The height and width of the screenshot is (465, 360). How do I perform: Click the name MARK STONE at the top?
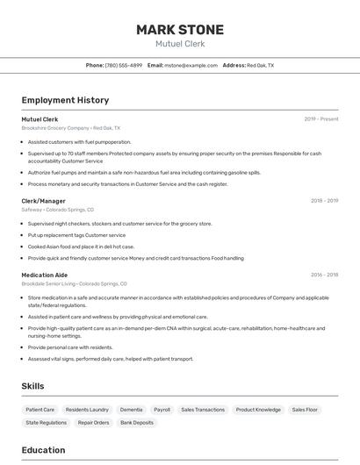tap(179, 30)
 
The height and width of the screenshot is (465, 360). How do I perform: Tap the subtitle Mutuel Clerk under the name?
tap(179, 44)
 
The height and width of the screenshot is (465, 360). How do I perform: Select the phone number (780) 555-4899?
tap(124, 65)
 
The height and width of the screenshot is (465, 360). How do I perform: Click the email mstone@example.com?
tap(191, 65)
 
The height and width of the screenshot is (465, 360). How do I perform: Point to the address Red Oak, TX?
tap(260, 65)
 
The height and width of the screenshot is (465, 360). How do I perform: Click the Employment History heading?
tap(65, 100)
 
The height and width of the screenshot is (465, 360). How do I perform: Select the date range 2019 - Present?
tap(321, 119)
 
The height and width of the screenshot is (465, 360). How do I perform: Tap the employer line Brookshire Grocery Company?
tap(71, 128)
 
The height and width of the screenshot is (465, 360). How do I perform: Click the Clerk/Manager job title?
tap(44, 201)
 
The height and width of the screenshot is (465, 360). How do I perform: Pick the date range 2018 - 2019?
tap(324, 201)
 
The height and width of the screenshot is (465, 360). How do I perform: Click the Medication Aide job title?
tap(44, 275)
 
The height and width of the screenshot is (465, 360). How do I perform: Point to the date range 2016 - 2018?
tap(324, 275)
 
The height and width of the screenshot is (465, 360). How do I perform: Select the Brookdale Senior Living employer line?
tap(75, 283)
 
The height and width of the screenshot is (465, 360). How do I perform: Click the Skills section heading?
tap(33, 386)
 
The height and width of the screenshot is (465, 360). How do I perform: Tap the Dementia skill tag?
tap(131, 410)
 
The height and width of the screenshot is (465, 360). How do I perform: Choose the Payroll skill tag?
tap(162, 410)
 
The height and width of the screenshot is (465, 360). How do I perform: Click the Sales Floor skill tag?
tap(305, 410)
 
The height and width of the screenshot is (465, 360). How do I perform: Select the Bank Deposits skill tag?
tap(137, 423)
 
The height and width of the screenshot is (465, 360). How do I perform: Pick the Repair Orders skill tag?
tap(93, 423)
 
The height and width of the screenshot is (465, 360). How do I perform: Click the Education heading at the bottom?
tap(44, 450)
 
